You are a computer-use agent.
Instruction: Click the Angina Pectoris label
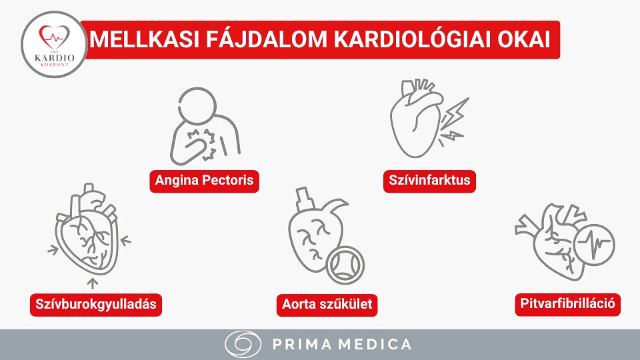coord(204,181)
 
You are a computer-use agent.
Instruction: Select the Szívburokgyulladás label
coord(97,304)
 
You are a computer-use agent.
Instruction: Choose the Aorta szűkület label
coord(327,304)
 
